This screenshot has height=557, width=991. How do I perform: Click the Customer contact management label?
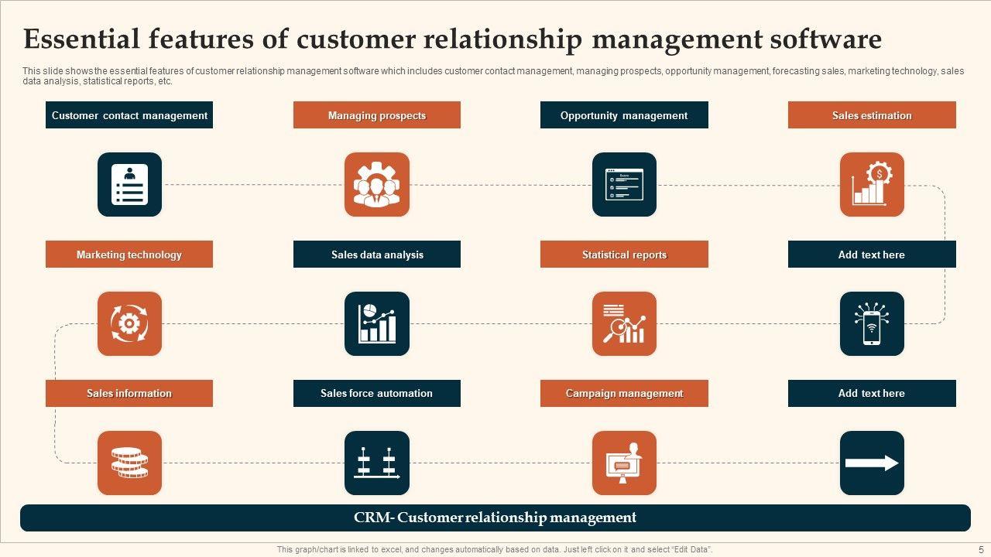click(x=129, y=115)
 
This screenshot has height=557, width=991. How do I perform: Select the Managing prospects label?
click(x=377, y=115)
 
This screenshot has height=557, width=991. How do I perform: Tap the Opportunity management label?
click(x=624, y=115)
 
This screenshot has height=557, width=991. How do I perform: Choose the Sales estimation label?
click(x=872, y=115)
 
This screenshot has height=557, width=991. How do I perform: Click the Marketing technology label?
click(x=129, y=255)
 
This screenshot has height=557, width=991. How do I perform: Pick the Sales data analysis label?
click(x=377, y=255)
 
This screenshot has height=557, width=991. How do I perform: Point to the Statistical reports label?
click(x=624, y=255)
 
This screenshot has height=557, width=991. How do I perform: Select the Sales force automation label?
click(x=377, y=393)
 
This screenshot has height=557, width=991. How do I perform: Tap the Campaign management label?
click(x=624, y=393)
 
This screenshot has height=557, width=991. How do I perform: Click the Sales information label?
click(x=129, y=393)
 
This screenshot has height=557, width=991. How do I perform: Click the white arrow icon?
click(x=872, y=463)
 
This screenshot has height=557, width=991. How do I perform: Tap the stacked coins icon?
click(x=129, y=463)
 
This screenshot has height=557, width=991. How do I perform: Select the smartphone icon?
click(x=872, y=323)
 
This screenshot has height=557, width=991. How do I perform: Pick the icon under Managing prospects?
click(x=377, y=184)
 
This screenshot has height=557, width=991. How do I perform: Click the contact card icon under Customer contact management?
click(x=129, y=184)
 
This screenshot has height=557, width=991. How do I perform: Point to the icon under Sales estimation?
click(x=872, y=184)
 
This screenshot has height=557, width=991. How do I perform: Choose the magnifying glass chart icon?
click(x=624, y=323)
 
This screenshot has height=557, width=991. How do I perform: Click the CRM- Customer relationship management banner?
click(x=495, y=518)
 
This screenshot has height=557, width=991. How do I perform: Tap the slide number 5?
click(x=981, y=549)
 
